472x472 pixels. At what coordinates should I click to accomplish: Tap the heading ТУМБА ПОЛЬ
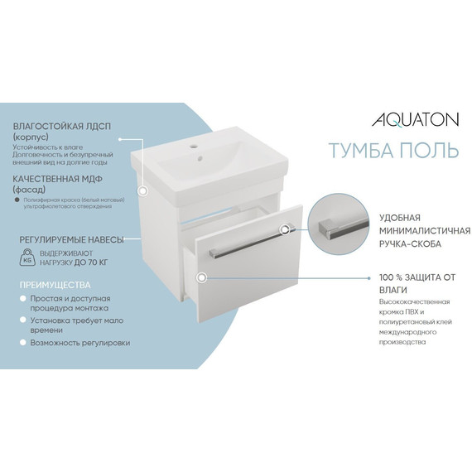pyautogui.click(x=394, y=150)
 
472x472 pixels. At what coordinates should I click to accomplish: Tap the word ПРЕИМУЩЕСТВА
pyautogui.click(x=51, y=282)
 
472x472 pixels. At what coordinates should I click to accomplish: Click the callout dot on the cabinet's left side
pyautogui.click(x=143, y=190)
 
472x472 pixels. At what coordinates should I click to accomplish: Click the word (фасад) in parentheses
pyautogui.click(x=28, y=190)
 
